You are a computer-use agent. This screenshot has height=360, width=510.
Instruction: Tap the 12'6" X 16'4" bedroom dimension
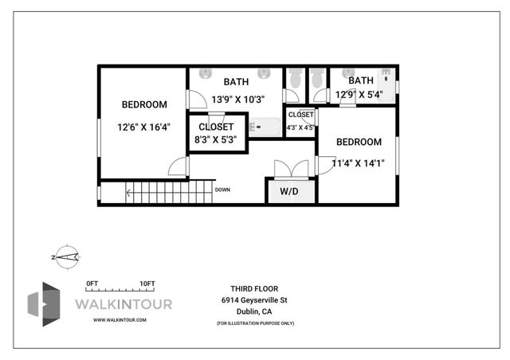click(x=143, y=127)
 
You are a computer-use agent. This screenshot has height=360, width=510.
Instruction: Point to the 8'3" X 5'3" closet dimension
click(x=215, y=140)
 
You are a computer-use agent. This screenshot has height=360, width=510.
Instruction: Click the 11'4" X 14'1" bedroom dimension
click(x=358, y=163)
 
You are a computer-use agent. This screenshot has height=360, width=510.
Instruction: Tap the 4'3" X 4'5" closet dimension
click(x=300, y=127)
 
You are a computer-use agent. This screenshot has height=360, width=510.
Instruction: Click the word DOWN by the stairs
click(x=222, y=190)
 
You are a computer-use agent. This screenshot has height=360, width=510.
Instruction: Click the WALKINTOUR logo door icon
click(x=44, y=303)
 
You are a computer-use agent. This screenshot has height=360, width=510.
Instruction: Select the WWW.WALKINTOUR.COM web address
click(x=120, y=319)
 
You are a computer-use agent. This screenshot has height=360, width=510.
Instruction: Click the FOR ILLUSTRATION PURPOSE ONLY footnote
click(x=254, y=323)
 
